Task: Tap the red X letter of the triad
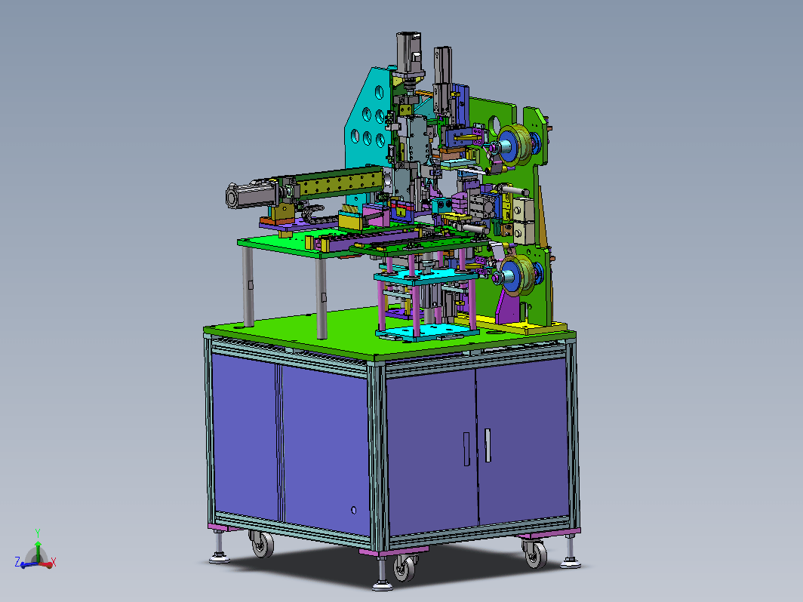tap(54, 563)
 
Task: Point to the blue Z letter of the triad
tap(17, 562)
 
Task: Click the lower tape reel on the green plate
tap(517, 275)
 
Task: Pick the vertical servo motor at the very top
tap(409, 54)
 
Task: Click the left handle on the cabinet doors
tap(466, 449)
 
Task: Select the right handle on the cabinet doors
tap(488, 445)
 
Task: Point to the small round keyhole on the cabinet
tap(353, 510)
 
